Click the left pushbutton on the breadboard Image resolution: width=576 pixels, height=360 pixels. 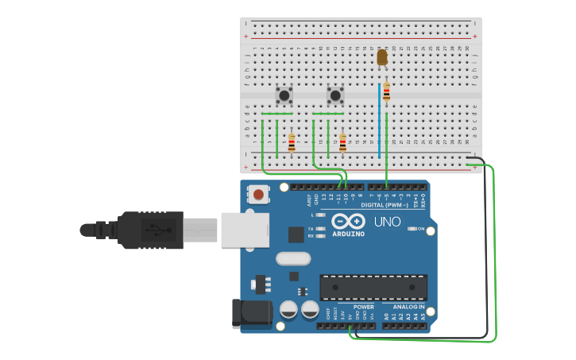(284, 95)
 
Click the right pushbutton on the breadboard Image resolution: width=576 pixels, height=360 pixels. (335, 95)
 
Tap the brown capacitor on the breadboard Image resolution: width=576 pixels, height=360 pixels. (382, 57)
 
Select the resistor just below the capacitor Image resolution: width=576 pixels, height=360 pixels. (386, 93)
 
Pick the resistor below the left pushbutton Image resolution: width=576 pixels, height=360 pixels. (292, 143)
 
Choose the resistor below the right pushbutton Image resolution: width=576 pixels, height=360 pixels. (342, 143)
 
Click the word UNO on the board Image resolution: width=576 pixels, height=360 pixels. (387, 222)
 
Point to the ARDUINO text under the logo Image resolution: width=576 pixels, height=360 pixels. (348, 234)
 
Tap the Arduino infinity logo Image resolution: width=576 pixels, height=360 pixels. (348, 221)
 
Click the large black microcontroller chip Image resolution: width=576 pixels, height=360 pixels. (373, 288)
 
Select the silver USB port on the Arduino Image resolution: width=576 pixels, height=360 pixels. (244, 230)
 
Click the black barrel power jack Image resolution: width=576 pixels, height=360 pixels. (251, 313)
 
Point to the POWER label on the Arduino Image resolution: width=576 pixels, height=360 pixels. (363, 306)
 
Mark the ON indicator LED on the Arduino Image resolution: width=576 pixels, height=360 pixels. (410, 229)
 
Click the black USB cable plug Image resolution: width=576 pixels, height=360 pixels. (151, 230)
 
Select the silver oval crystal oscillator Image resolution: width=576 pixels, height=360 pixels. (292, 258)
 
